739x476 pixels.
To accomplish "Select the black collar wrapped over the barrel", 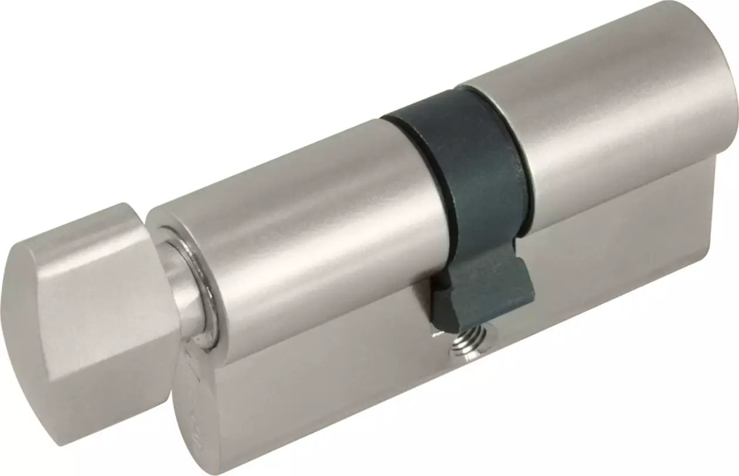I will [463, 164].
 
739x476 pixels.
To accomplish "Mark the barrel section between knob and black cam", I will [305, 223].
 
